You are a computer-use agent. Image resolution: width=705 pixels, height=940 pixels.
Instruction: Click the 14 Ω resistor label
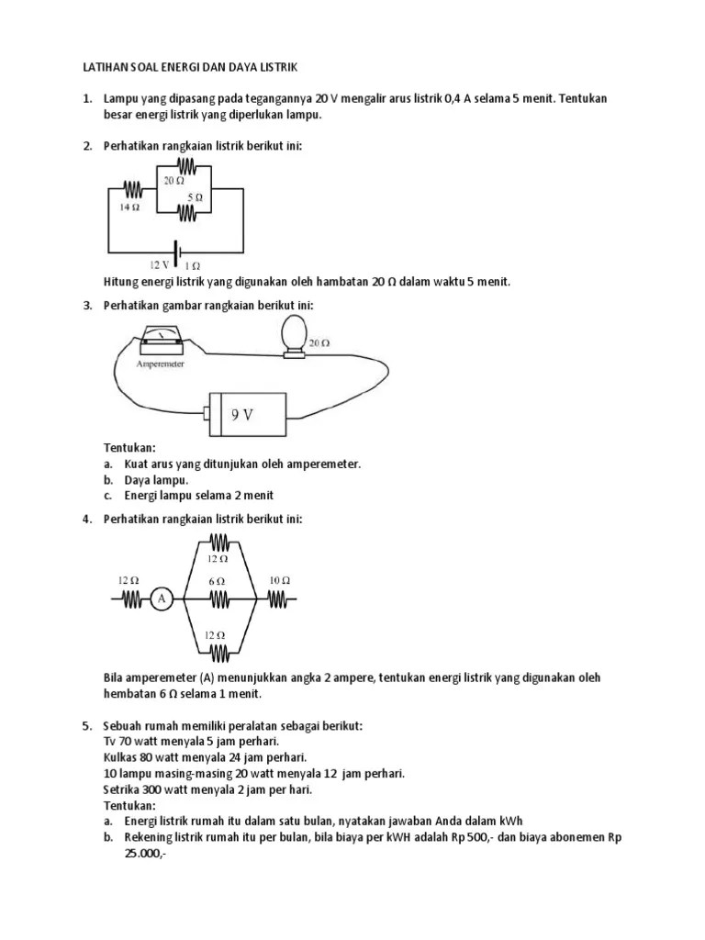(x=129, y=207)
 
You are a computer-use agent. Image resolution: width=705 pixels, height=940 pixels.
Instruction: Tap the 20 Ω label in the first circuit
(x=173, y=181)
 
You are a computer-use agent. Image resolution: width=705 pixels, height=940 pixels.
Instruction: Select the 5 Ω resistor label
(x=195, y=197)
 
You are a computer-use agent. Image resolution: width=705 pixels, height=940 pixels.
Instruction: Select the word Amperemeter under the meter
(x=160, y=364)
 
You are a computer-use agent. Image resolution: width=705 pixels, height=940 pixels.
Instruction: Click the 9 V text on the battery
(x=241, y=414)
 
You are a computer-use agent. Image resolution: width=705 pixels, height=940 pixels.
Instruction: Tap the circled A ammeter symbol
(x=162, y=599)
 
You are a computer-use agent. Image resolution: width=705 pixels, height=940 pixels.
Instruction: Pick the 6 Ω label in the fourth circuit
(x=217, y=581)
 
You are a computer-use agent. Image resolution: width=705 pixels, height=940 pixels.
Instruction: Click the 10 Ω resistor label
(x=279, y=580)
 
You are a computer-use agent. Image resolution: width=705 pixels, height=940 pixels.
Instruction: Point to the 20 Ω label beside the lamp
(x=319, y=342)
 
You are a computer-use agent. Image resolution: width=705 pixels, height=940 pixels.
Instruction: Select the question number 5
(x=86, y=725)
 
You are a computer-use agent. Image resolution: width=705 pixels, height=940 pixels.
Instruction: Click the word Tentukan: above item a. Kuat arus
(x=130, y=448)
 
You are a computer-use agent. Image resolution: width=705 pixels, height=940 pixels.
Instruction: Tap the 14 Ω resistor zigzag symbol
(x=132, y=189)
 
